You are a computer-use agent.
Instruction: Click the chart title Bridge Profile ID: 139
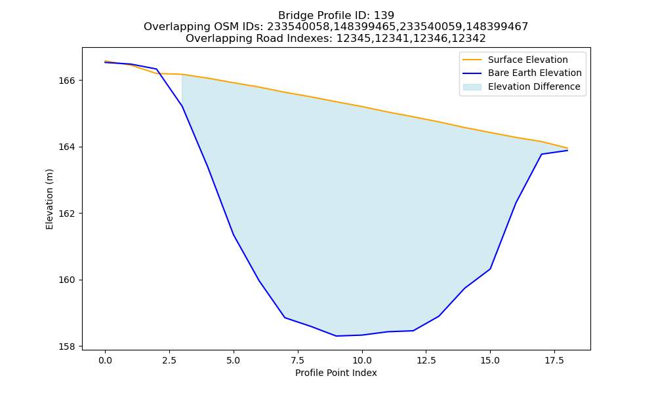[x=336, y=16]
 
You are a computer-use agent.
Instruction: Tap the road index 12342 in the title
[x=469, y=39]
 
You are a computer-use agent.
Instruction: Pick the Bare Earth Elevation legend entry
[x=522, y=73]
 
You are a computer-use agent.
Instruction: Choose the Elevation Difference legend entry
[x=522, y=86]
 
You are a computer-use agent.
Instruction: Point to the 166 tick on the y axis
[x=66, y=80]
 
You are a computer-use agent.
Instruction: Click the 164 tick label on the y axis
[x=66, y=147]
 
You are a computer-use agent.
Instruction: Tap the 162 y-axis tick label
[x=66, y=214]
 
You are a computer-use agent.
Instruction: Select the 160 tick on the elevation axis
[x=66, y=280]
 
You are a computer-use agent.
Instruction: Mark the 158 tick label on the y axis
[x=66, y=346]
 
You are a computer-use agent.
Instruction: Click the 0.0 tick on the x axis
[x=105, y=360]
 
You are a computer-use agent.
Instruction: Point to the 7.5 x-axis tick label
[x=297, y=360]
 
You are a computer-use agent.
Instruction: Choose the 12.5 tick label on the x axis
[x=426, y=360]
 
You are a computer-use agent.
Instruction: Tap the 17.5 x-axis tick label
[x=554, y=360]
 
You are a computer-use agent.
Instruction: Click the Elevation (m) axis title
[x=49, y=199]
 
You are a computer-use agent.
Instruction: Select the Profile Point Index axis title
[x=336, y=373]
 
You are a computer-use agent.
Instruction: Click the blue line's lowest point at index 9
[x=336, y=336]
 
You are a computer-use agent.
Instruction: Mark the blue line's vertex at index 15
[x=490, y=269]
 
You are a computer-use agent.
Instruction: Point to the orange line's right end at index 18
[x=567, y=148]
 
